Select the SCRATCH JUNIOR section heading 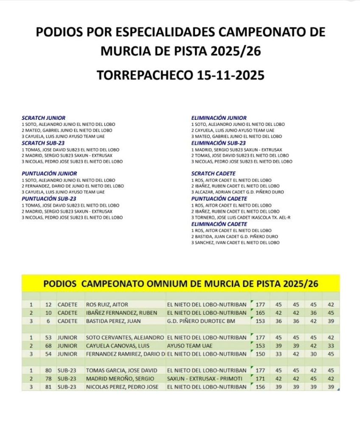[x=43, y=118]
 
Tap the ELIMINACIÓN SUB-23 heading [x=218, y=143]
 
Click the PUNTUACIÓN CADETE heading [x=219, y=198]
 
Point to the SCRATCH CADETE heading [x=213, y=174]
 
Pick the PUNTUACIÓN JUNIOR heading [x=49, y=173]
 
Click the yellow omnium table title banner [x=180, y=283]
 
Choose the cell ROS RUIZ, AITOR [x=107, y=305]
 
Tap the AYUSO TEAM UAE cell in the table [x=190, y=346]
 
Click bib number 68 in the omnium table [x=48, y=346]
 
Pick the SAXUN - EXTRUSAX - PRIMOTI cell [x=206, y=379]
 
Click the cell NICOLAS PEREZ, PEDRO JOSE [x=122, y=387]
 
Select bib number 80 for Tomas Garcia [x=48, y=370]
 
